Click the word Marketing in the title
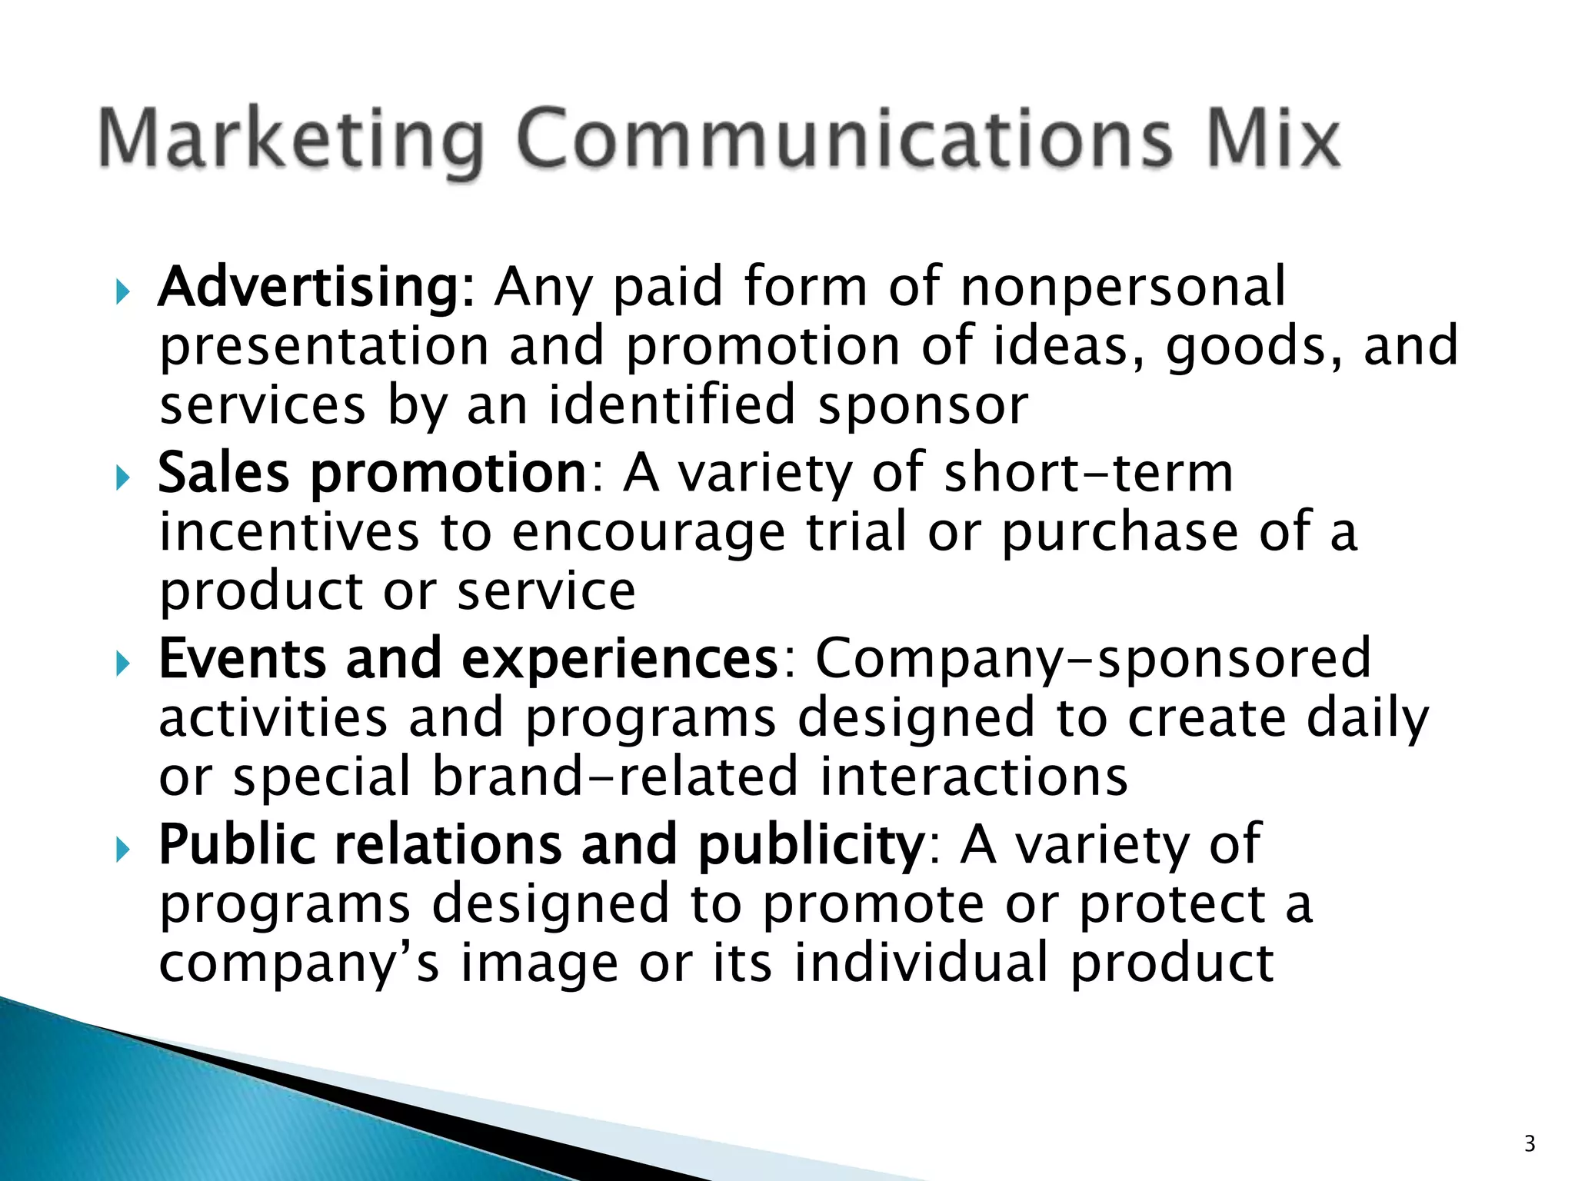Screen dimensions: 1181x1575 coord(291,140)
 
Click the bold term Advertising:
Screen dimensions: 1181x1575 coord(317,288)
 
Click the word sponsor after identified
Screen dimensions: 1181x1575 coord(923,406)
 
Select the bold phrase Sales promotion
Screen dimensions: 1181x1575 coord(372,473)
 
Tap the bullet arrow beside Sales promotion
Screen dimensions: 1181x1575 coord(122,479)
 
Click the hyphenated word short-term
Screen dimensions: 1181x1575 coord(1088,473)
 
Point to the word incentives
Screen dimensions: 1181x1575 coord(289,532)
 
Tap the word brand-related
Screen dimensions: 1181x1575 coord(615,777)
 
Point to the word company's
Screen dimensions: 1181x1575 coord(299,964)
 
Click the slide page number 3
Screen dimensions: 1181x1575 coord(1530,1144)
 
